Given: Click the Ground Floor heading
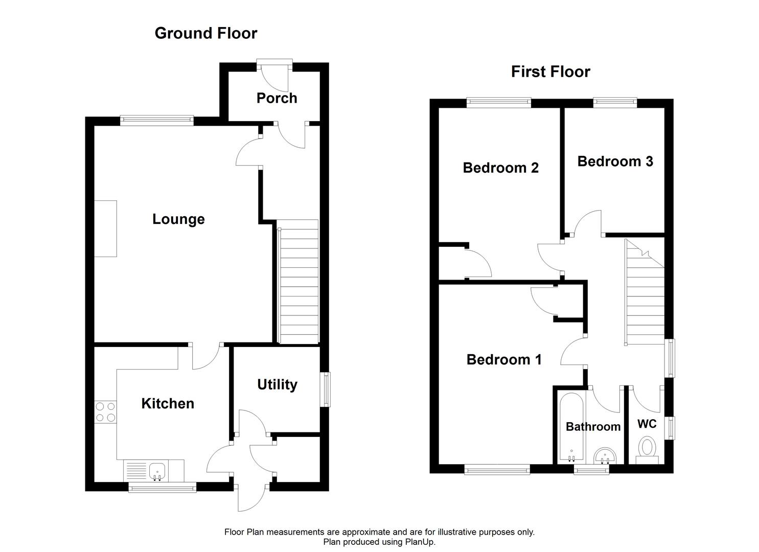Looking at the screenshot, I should point(205,33).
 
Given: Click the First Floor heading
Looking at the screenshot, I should point(550,72).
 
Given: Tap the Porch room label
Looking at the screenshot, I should point(277,98).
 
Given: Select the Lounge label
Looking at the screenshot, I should point(178,219).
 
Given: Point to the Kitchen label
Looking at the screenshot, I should point(168,404).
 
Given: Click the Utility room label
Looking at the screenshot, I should point(277,384).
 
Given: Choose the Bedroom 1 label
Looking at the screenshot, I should point(503,360).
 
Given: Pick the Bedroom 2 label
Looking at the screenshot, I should point(500,168).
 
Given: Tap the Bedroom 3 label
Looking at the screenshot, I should point(615,162).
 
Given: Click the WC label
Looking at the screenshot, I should point(647,424).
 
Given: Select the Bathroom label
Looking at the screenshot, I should point(593,427).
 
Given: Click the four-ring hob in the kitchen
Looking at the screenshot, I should point(105,412).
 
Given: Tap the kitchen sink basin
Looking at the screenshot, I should point(157,469).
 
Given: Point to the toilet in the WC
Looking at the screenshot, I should point(648,448).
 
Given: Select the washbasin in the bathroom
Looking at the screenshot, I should point(606,454).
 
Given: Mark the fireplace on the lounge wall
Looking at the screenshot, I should point(105,228).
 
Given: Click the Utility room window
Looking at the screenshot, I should point(326,389).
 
